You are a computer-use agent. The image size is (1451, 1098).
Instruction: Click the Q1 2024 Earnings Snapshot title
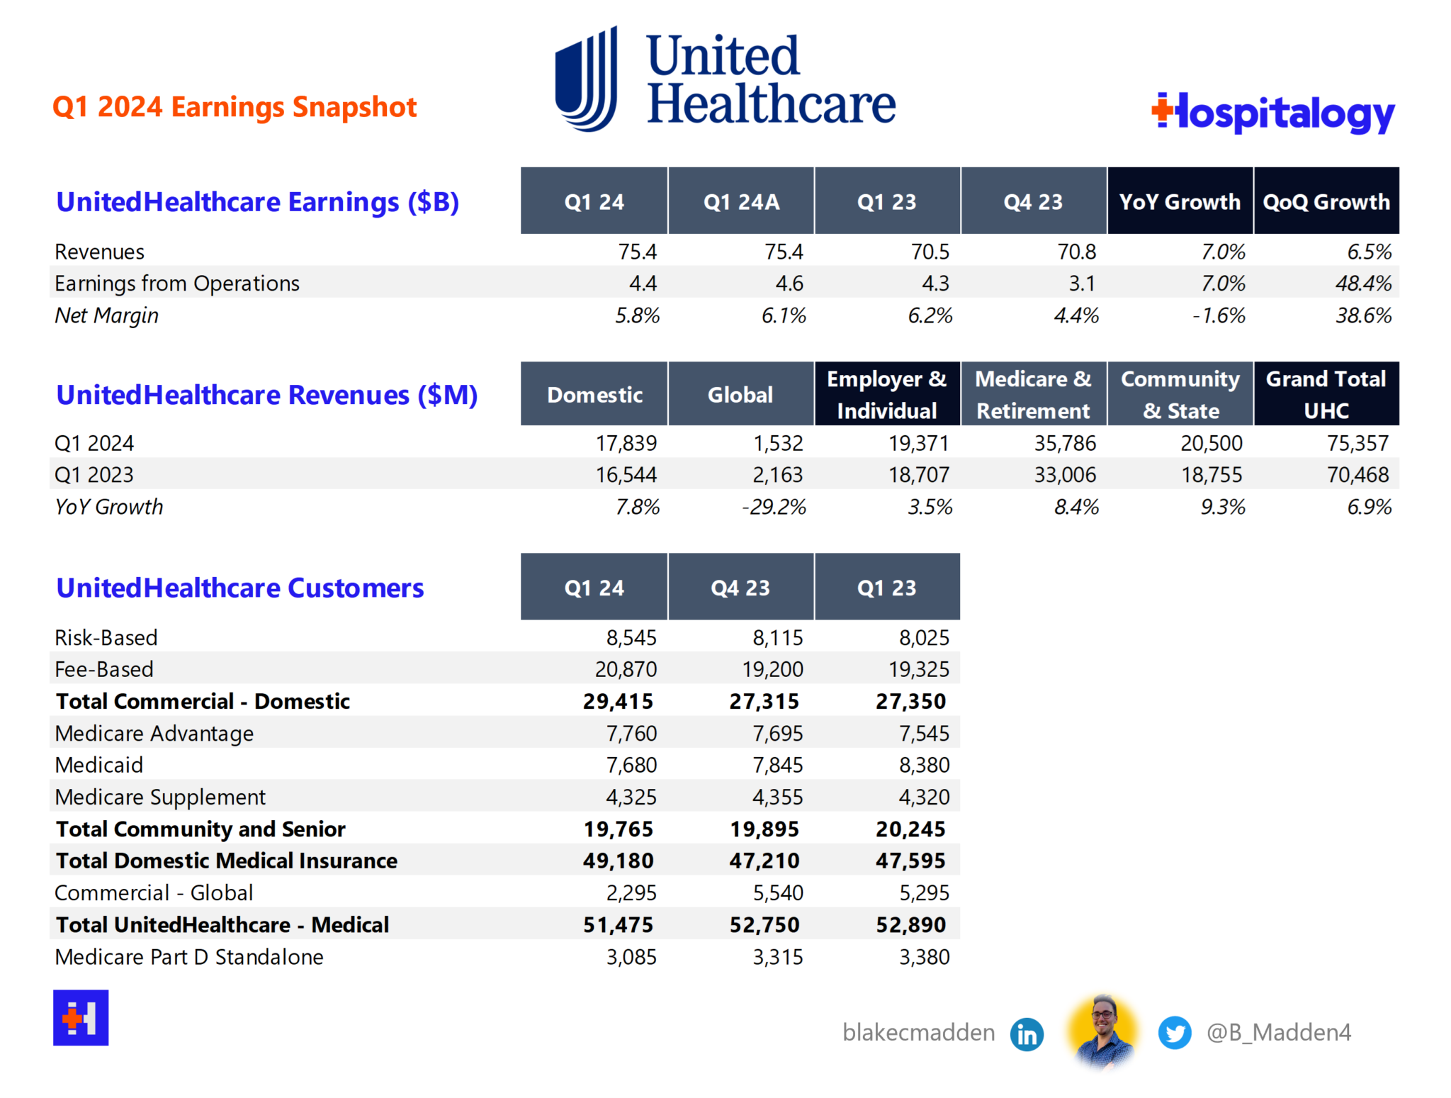(235, 107)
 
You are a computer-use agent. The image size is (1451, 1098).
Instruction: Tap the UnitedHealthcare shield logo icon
(586, 79)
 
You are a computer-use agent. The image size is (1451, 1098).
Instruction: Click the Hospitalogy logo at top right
(1273, 113)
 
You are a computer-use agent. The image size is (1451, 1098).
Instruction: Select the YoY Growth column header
(1180, 201)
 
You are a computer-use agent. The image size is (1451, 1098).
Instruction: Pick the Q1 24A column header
(741, 201)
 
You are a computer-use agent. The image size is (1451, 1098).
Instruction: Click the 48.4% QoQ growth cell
(1362, 284)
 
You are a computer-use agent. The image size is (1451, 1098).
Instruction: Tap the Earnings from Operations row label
(177, 284)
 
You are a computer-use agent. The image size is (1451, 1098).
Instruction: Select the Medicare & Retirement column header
(1033, 394)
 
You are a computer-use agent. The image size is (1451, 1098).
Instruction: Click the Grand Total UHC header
(1326, 394)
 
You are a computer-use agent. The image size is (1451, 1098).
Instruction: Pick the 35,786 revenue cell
(1064, 443)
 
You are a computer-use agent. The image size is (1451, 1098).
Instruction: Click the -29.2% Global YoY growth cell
(774, 507)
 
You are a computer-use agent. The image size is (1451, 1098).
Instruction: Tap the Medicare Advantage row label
(154, 733)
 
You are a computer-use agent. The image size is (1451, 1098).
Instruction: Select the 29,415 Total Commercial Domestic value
(618, 701)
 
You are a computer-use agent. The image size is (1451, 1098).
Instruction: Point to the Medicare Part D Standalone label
(189, 957)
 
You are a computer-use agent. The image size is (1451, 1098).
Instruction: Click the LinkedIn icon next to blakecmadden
(1027, 1034)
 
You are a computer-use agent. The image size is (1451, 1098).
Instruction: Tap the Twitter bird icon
(1174, 1033)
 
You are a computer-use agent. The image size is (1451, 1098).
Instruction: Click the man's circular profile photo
(1102, 1031)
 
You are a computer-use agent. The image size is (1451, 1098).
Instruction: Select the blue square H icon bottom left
(81, 1017)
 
